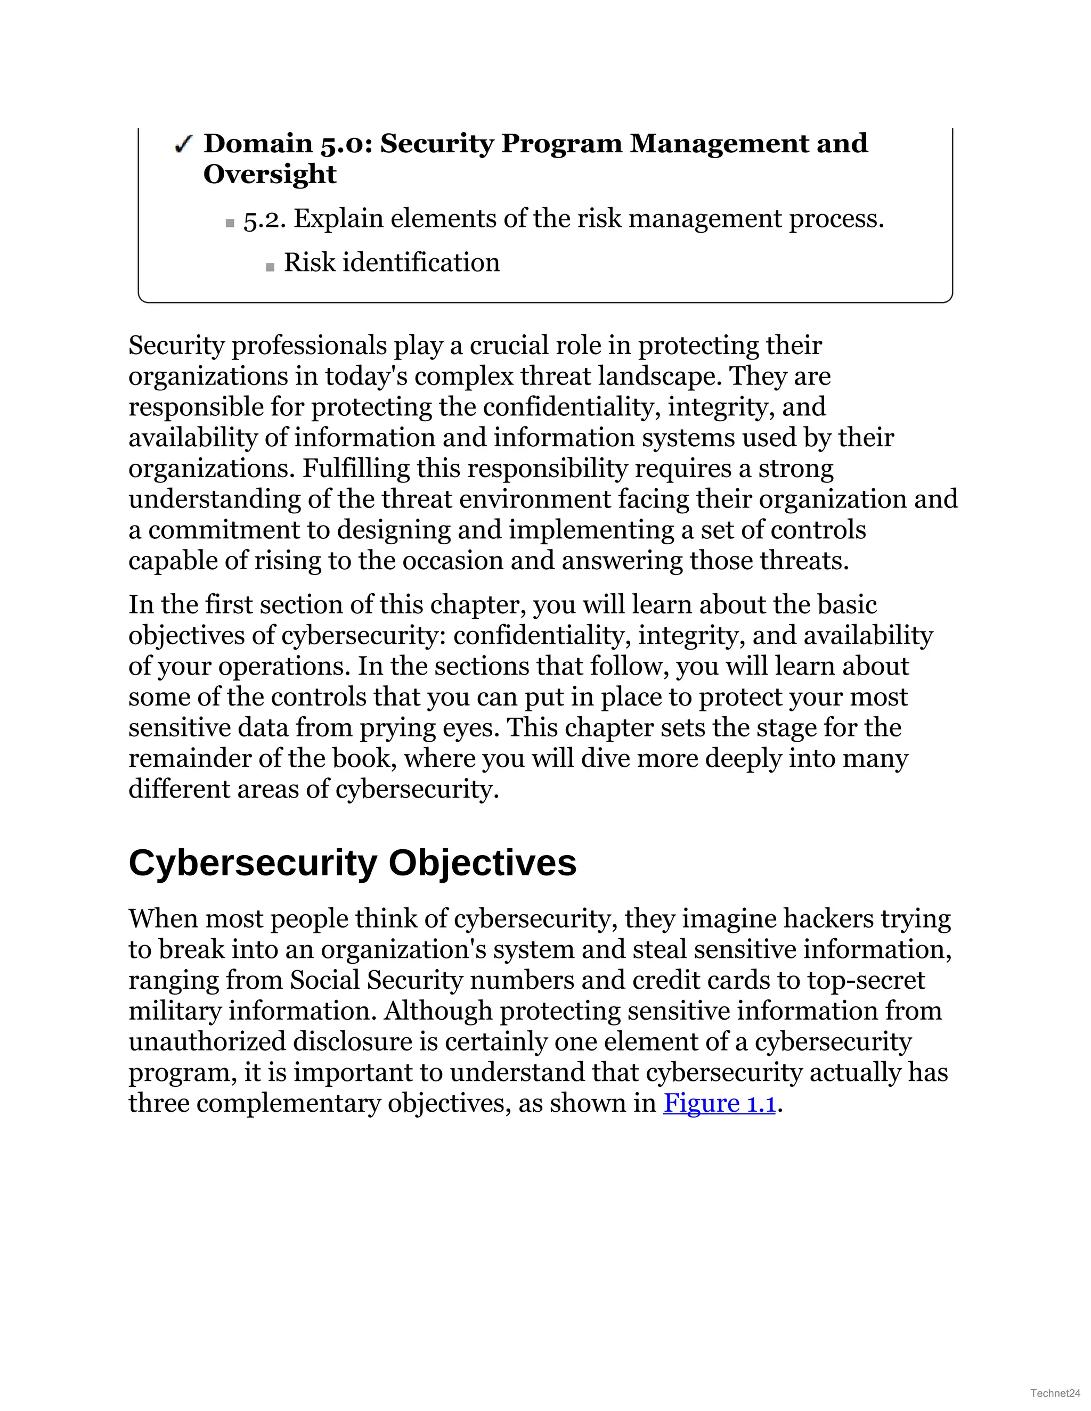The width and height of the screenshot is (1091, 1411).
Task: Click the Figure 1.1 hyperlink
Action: pyautogui.click(x=719, y=1103)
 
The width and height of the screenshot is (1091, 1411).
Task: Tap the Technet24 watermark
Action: pyautogui.click(x=1055, y=1392)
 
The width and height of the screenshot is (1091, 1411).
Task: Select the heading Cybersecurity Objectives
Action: pyautogui.click(x=352, y=863)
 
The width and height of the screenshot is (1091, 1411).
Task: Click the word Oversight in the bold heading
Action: pyautogui.click(x=270, y=175)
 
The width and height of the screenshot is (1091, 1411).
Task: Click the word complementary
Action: pyautogui.click(x=288, y=1103)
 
